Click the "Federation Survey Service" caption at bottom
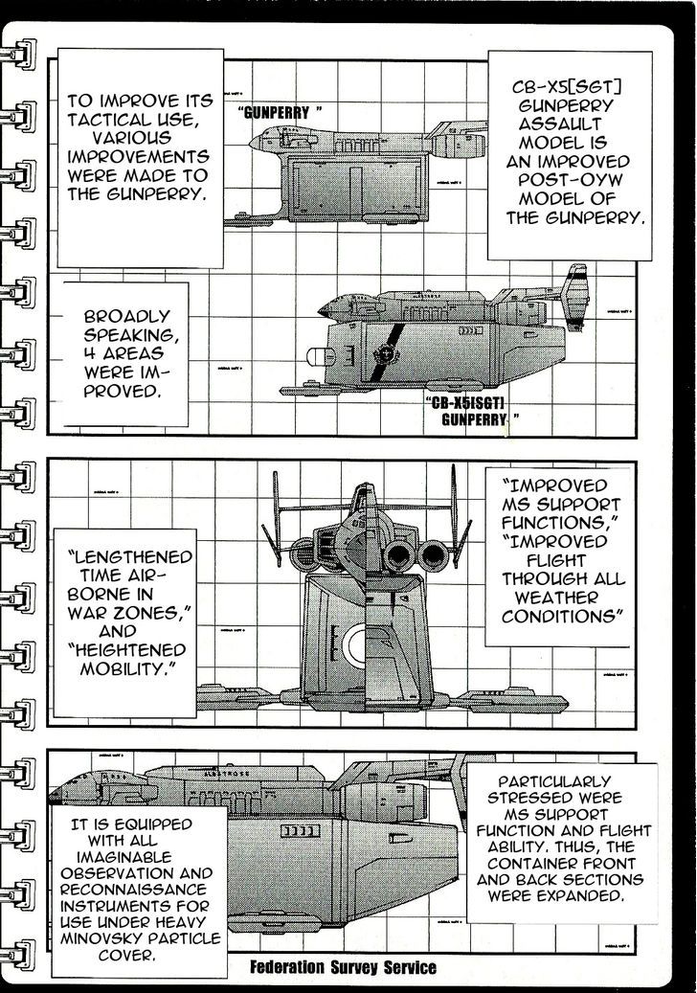pos(342,967)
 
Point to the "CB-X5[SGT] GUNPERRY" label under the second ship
pos(475,411)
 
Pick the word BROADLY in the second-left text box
pos(126,315)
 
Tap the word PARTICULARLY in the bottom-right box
pos(568,782)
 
